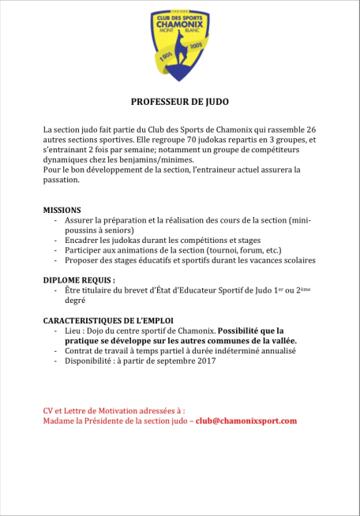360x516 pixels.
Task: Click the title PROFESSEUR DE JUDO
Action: coord(179,102)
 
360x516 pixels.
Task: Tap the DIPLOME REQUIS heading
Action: coord(79,280)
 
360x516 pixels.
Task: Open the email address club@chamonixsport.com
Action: coord(247,421)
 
